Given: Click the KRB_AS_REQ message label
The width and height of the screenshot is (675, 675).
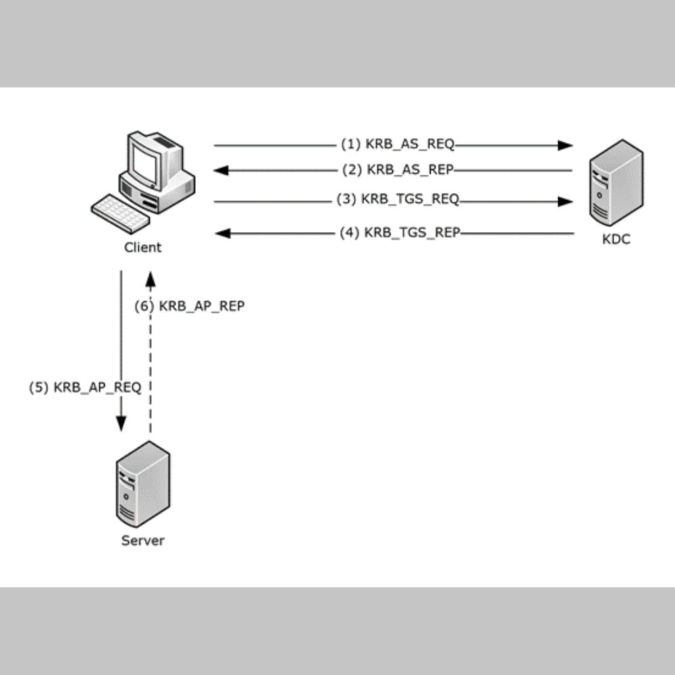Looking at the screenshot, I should click(x=398, y=144).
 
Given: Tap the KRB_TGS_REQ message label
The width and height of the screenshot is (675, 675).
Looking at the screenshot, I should click(x=398, y=200).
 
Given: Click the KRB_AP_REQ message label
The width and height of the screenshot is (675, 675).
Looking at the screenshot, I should click(x=85, y=388).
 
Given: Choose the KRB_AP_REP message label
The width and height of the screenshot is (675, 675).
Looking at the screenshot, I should click(x=189, y=306).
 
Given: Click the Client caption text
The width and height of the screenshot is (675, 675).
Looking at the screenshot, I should click(x=143, y=247).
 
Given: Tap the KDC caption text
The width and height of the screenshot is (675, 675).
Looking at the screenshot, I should click(x=616, y=239).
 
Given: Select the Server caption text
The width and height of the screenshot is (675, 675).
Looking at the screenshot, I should click(x=142, y=540).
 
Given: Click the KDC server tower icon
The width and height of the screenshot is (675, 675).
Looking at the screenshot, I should click(x=616, y=182).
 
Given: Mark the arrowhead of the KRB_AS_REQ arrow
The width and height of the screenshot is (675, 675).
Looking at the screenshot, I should click(x=566, y=145).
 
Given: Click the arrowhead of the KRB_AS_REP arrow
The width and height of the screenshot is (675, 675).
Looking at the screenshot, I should click(x=221, y=171).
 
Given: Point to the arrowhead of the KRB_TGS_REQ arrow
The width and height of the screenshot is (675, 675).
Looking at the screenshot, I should click(x=566, y=201).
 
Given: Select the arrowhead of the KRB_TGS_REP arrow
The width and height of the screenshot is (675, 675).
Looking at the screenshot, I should click(x=221, y=234).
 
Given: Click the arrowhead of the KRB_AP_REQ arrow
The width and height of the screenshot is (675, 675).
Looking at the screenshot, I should click(x=122, y=423).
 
